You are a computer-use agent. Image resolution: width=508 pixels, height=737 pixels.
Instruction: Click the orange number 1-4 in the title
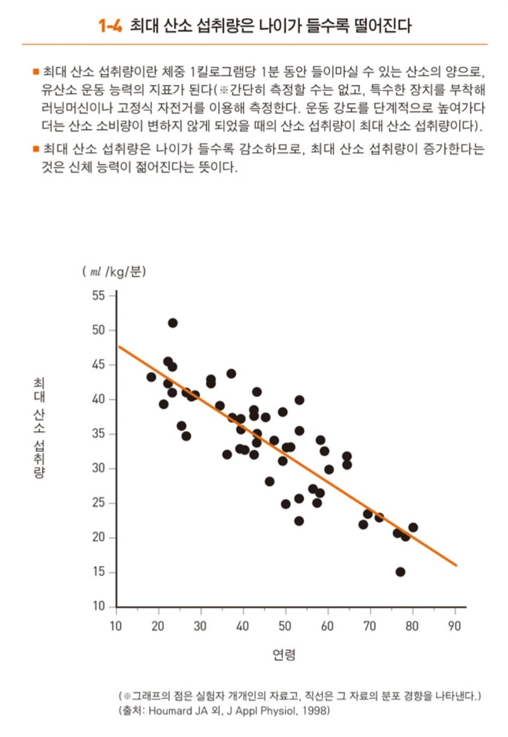click(x=110, y=26)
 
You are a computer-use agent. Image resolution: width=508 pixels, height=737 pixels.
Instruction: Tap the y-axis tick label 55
click(x=98, y=296)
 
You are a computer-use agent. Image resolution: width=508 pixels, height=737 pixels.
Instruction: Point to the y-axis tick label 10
click(x=98, y=606)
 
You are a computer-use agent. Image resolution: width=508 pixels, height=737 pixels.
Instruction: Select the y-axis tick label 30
click(x=98, y=468)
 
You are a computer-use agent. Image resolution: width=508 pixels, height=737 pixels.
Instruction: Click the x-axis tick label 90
click(x=454, y=626)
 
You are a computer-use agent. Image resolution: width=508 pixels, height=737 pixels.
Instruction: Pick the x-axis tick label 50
click(x=285, y=626)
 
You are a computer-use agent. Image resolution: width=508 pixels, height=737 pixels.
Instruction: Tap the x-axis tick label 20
click(x=158, y=626)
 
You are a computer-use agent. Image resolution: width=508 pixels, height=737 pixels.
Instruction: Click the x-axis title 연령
click(x=284, y=654)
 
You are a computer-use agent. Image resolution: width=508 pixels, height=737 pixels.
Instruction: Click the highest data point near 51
click(x=173, y=323)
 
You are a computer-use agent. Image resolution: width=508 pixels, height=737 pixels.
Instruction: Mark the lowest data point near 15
click(x=400, y=572)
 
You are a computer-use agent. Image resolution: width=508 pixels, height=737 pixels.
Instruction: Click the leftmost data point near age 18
click(x=151, y=377)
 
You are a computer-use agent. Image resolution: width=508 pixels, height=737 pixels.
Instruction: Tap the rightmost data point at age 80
click(x=413, y=527)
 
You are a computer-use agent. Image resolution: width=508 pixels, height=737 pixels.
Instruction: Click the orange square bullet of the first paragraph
click(x=36, y=72)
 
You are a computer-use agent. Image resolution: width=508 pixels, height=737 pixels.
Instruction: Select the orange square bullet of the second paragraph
click(x=36, y=149)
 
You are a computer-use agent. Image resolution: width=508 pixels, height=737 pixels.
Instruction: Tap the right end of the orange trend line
click(x=456, y=565)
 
